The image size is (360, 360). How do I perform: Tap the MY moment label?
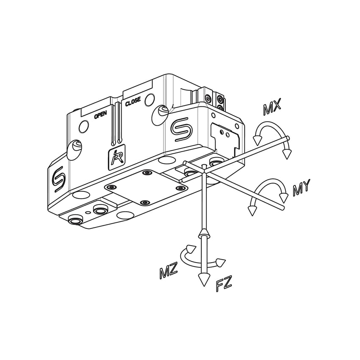pos(301,187)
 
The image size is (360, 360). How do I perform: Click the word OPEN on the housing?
pos(100,115)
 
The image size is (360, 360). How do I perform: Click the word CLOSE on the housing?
pos(133,102)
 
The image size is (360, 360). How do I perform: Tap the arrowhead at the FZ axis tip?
pos(204,280)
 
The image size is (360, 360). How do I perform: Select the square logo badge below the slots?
pos(116,157)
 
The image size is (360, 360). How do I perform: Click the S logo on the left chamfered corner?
pos(58,179)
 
